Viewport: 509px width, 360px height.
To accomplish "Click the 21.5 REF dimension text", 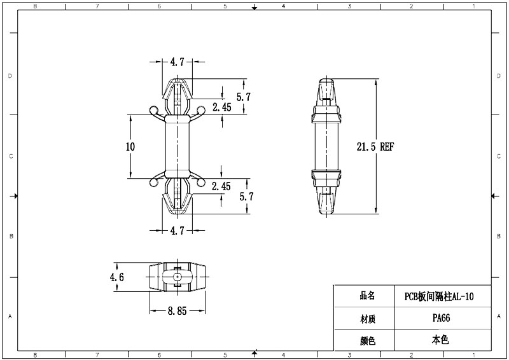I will point(375,146).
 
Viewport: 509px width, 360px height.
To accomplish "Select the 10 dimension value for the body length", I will point(130,146).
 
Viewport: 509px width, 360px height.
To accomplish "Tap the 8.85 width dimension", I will point(177,312).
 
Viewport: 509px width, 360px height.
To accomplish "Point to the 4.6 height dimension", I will point(116,277).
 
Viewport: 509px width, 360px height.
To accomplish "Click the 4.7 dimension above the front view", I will point(177,62).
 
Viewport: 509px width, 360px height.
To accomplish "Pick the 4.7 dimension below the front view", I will point(177,231).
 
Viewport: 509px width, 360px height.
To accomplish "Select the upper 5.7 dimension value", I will point(244,97).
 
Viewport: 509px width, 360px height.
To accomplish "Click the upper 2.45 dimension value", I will point(221,107).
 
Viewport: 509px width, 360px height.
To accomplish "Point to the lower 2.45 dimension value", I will point(221,186).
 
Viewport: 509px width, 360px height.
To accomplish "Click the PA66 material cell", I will point(440,318).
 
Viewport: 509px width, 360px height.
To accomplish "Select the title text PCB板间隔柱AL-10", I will point(439,296).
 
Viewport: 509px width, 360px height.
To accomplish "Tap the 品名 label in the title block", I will point(367,296).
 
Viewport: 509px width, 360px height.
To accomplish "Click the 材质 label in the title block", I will point(367,318).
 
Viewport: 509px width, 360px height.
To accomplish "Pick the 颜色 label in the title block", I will point(367,340).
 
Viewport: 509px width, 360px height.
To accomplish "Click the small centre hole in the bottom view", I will point(177,277).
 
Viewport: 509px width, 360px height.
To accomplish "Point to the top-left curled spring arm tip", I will point(153,111).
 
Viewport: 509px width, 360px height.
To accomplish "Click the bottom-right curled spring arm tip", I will point(200,183).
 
